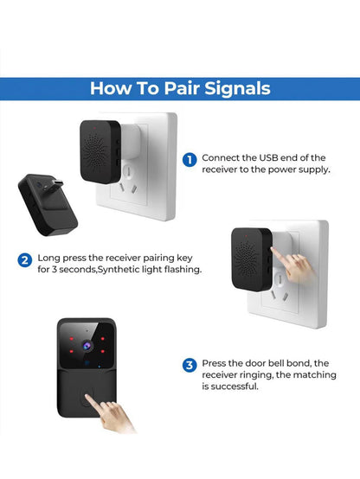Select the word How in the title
[x=112, y=88]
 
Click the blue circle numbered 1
[x=190, y=159]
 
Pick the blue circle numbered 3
[x=190, y=365]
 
